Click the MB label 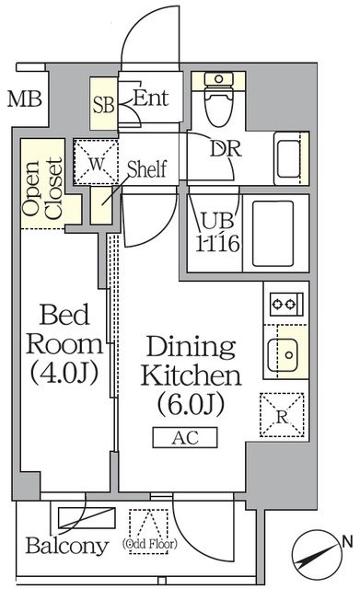[25, 98]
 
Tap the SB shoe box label [103, 104]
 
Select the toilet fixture [218, 100]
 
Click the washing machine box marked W [97, 165]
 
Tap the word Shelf [145, 169]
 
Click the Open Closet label [43, 189]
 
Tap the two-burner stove [285, 303]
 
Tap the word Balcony [66, 547]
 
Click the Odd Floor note [146, 543]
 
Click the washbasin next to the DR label [288, 156]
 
